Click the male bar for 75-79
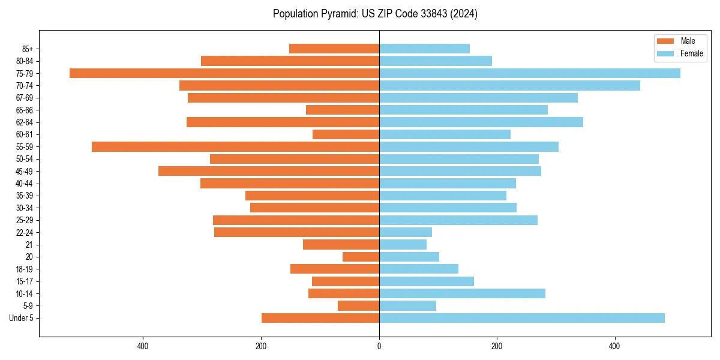pos(224,73)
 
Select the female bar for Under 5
pos(522,318)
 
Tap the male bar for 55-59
pos(235,147)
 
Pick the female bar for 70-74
pos(509,86)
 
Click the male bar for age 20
pos(361,257)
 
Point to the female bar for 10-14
pos(462,293)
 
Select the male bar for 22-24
pos(296,232)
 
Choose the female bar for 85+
pos(424,49)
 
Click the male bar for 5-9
pos(358,306)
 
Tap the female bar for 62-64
pos(481,122)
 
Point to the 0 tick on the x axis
pos(379,346)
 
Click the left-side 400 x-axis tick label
pos(143,346)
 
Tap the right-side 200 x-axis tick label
pos(496,346)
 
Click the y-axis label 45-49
pos(25,172)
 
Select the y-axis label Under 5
pos(21,318)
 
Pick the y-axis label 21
pos(29,245)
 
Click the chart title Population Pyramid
pos(375,14)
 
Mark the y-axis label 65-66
pos(25,110)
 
